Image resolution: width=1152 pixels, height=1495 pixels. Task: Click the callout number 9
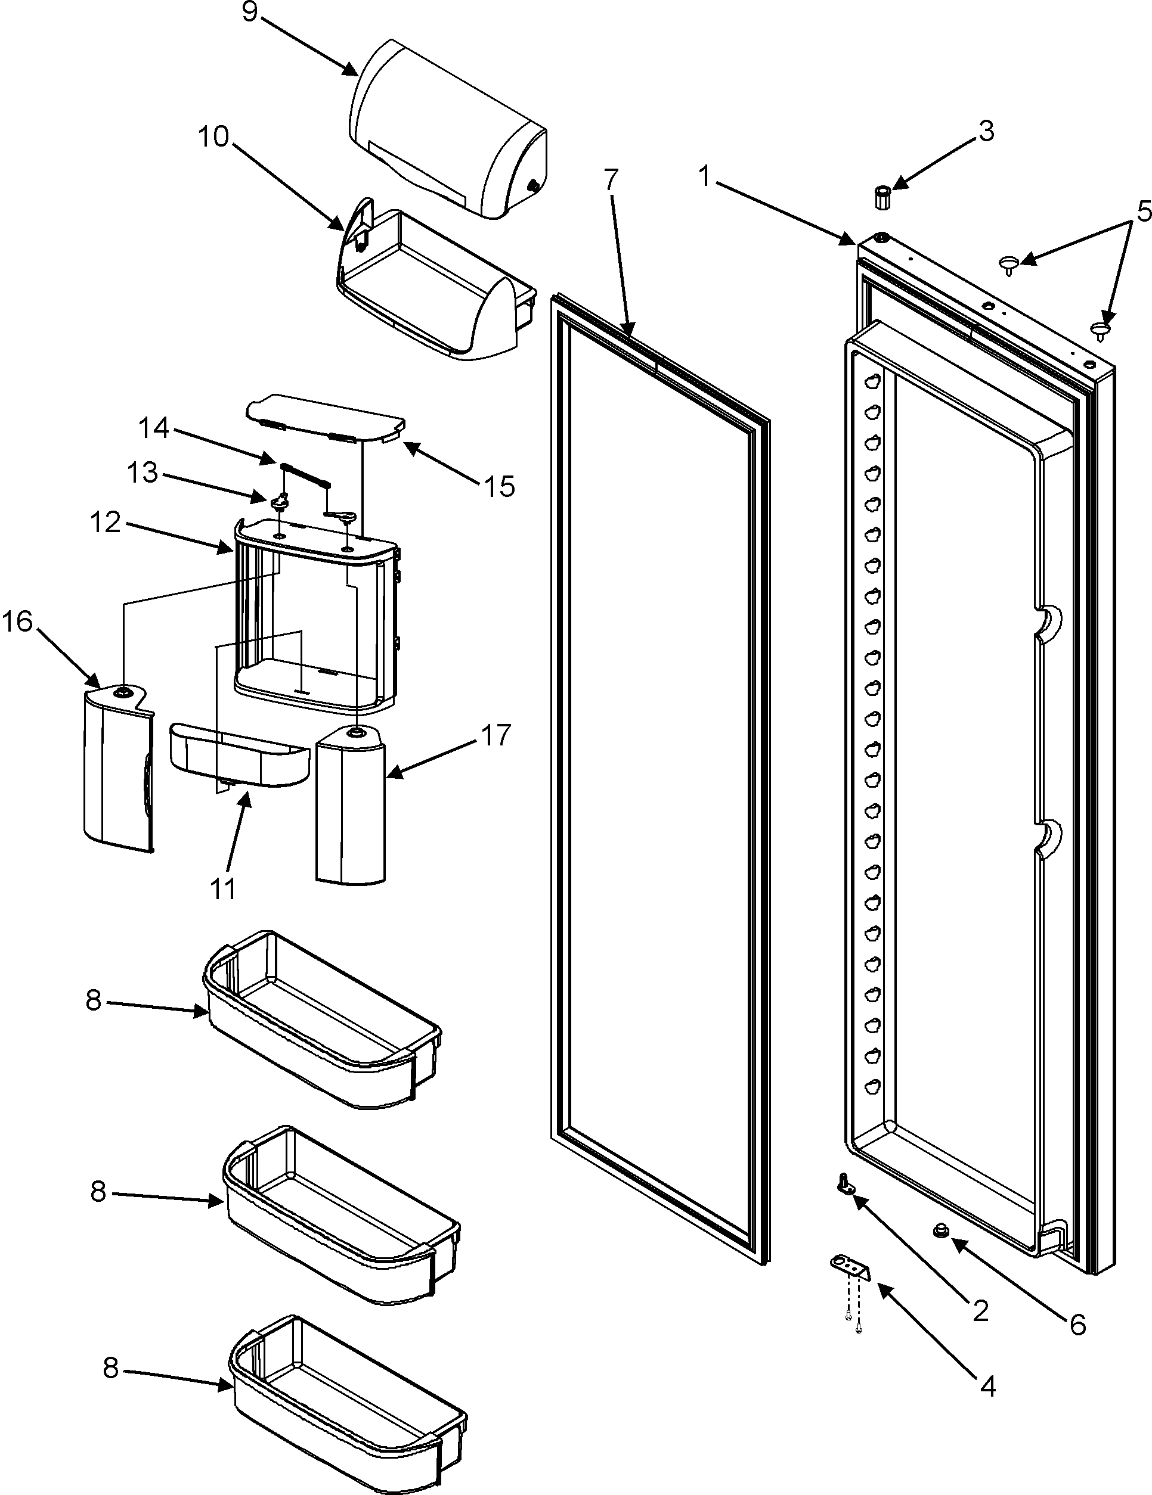[x=250, y=13]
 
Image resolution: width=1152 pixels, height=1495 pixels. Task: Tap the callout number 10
[x=213, y=136]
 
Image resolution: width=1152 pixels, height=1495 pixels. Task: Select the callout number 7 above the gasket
[x=611, y=181]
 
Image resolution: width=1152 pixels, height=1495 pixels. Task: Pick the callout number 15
[x=499, y=487]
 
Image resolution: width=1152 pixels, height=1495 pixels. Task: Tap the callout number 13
[x=143, y=473]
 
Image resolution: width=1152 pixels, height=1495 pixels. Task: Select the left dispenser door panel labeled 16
[x=116, y=767]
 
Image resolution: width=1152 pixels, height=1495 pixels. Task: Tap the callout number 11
[x=222, y=888]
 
